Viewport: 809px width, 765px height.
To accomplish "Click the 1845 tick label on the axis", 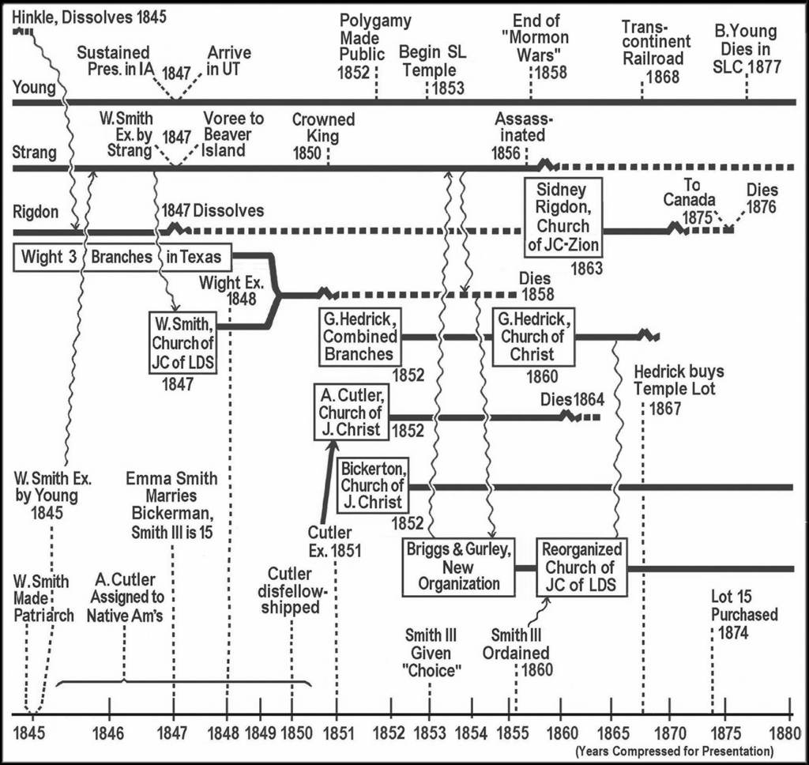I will pos(31,730).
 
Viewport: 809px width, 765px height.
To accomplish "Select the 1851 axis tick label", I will pos(337,730).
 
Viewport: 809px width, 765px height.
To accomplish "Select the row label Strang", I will pos(34,153).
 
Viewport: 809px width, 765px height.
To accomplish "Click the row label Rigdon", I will pos(35,212).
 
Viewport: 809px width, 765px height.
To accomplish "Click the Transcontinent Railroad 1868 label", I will pos(656,50).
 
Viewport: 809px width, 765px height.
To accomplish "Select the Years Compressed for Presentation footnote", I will pos(673,749).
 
